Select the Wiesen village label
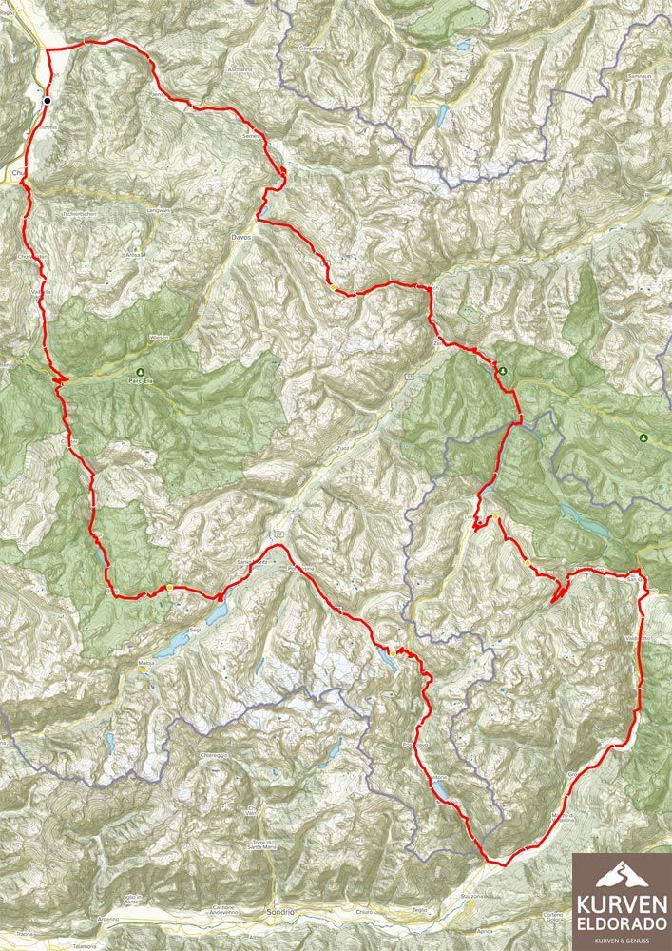(159, 338)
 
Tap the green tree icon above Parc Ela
(140, 371)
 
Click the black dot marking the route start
(47, 99)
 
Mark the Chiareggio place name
(217, 757)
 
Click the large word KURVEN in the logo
(622, 903)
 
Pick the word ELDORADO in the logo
(622, 923)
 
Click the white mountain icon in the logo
(622, 876)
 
